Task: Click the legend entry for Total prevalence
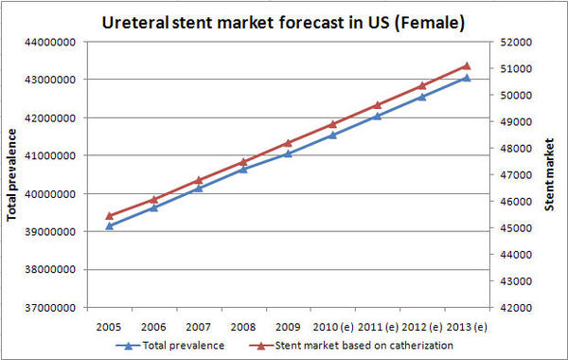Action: [180, 346]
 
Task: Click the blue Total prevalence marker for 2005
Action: [109, 225]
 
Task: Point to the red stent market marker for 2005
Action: [109, 215]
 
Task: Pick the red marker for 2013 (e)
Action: [466, 66]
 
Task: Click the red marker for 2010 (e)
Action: [332, 124]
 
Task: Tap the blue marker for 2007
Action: [199, 188]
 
